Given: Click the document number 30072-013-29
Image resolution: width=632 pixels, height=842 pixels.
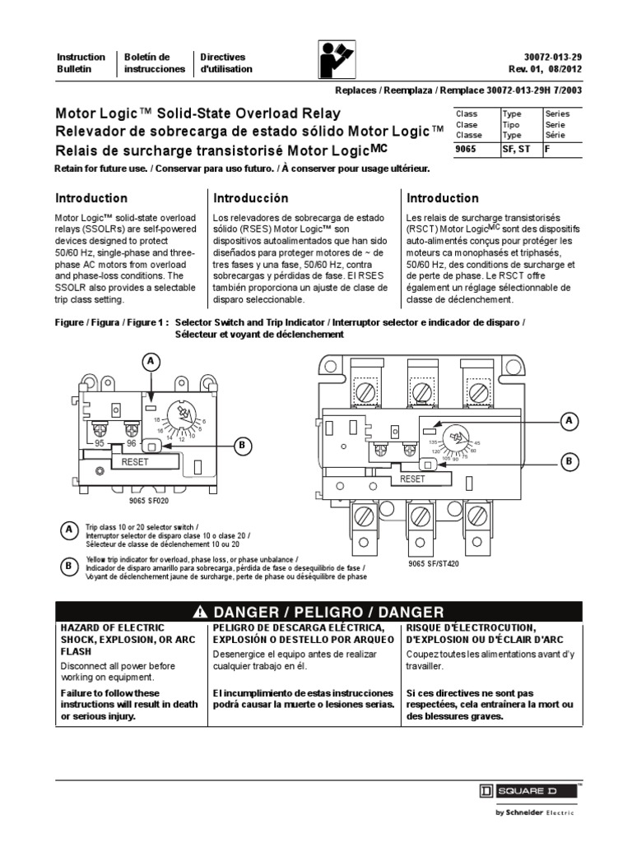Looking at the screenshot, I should [x=547, y=57].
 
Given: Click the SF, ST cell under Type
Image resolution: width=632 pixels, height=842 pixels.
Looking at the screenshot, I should [x=515, y=150].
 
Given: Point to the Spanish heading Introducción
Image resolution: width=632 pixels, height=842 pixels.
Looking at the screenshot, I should [x=251, y=198].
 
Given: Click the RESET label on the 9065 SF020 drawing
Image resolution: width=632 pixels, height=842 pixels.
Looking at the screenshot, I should [x=136, y=463].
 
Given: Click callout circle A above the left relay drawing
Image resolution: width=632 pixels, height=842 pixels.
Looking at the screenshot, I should [x=150, y=362].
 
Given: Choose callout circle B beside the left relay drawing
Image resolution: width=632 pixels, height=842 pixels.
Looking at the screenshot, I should [x=243, y=446].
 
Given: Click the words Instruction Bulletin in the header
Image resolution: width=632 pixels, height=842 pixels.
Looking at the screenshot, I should [x=81, y=63].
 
